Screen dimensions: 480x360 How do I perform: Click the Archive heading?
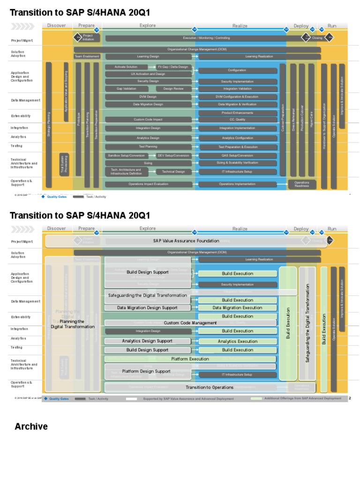pos(31,427)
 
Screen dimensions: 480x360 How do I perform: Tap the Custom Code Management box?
pos(190,323)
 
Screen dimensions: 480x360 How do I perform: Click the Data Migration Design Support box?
pos(147,308)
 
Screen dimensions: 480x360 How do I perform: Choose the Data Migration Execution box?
pos(237,308)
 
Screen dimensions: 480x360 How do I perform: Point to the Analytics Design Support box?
pos(147,341)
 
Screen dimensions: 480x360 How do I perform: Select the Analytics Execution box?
pos(237,342)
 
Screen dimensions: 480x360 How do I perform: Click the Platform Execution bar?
pos(190,359)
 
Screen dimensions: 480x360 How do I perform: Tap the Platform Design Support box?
pos(146,371)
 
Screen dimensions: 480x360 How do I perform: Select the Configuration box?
pos(237,70)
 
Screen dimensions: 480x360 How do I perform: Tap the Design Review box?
pos(173,89)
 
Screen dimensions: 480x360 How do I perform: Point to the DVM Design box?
pos(148,97)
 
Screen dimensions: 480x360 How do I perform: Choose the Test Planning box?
pos(148,147)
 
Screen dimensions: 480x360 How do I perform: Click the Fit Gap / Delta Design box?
pos(173,67)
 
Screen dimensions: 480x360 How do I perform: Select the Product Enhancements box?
pos(237,113)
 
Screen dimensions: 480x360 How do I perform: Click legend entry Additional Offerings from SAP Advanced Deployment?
pos(302,398)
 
